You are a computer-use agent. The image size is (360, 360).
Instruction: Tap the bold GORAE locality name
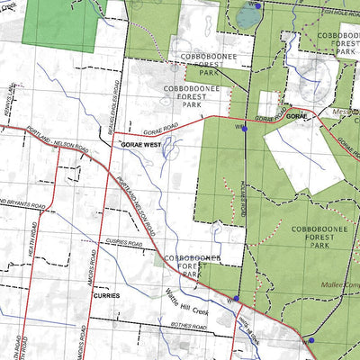pyautogui.click(x=298, y=117)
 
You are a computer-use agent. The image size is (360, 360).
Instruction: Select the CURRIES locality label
pyautogui.click(x=105, y=294)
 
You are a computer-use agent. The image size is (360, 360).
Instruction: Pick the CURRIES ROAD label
pyautogui.click(x=124, y=243)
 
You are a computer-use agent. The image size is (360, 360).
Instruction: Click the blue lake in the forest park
pyautogui.click(x=246, y=17)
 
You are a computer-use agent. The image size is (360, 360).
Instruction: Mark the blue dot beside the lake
pyautogui.click(x=257, y=6)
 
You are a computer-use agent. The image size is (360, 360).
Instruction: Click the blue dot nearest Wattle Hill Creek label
pyautogui.click(x=236, y=299)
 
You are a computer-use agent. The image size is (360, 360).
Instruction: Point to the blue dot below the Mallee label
pyautogui.click(x=310, y=340)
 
